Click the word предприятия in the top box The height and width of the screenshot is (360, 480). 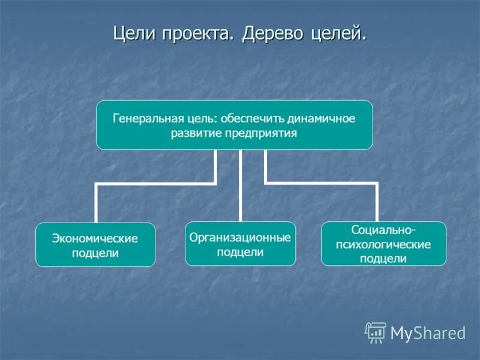(x=262, y=133)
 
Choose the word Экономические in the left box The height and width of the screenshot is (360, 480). (x=95, y=238)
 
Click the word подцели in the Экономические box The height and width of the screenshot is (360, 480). (x=95, y=253)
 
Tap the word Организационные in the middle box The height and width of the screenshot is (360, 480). (x=240, y=238)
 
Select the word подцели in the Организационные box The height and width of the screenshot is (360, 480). (x=240, y=253)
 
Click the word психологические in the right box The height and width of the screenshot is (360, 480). (x=383, y=245)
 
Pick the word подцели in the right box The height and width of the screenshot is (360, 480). (x=383, y=259)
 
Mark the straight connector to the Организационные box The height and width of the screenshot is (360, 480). (x=240, y=186)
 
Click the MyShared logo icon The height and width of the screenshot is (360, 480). (x=376, y=332)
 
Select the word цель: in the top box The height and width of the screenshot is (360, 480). (x=203, y=118)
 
